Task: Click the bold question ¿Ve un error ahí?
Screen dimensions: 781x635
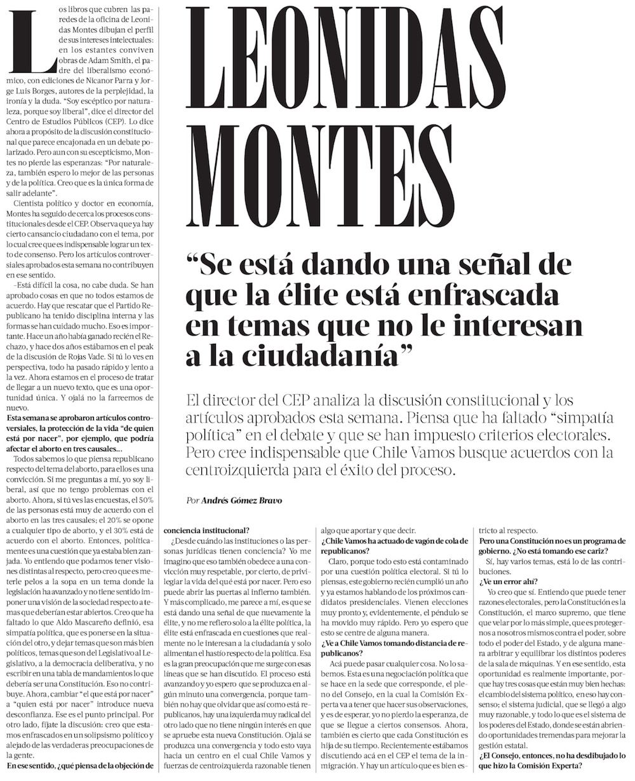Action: pos(510,581)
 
